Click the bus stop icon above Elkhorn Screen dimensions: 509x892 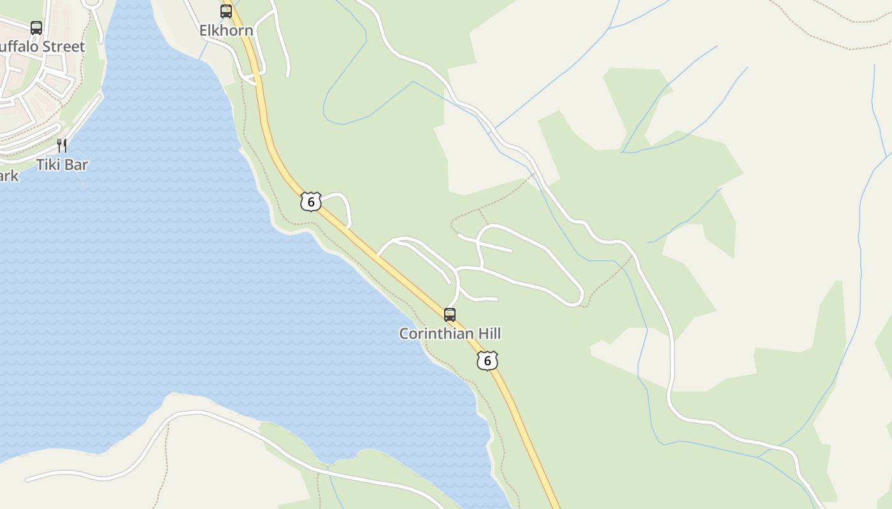226,11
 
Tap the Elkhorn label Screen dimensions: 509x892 226,31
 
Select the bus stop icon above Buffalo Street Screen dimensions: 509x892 36,28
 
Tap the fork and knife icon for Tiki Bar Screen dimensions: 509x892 62,146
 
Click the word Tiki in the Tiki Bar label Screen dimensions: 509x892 48,165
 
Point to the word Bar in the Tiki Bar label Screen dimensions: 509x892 76,165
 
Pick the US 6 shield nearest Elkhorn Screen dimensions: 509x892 311,202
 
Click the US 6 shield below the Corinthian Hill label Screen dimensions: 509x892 487,361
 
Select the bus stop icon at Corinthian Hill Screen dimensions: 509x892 450,314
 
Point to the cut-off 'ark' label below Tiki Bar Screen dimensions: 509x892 9,176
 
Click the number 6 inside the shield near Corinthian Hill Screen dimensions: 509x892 487,361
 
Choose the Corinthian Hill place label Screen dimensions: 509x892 450,333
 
